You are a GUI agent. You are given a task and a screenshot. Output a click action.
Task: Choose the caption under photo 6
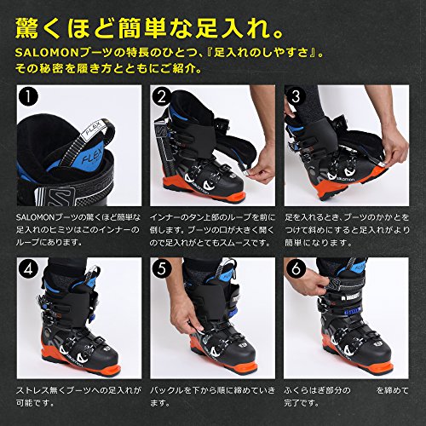345,400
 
